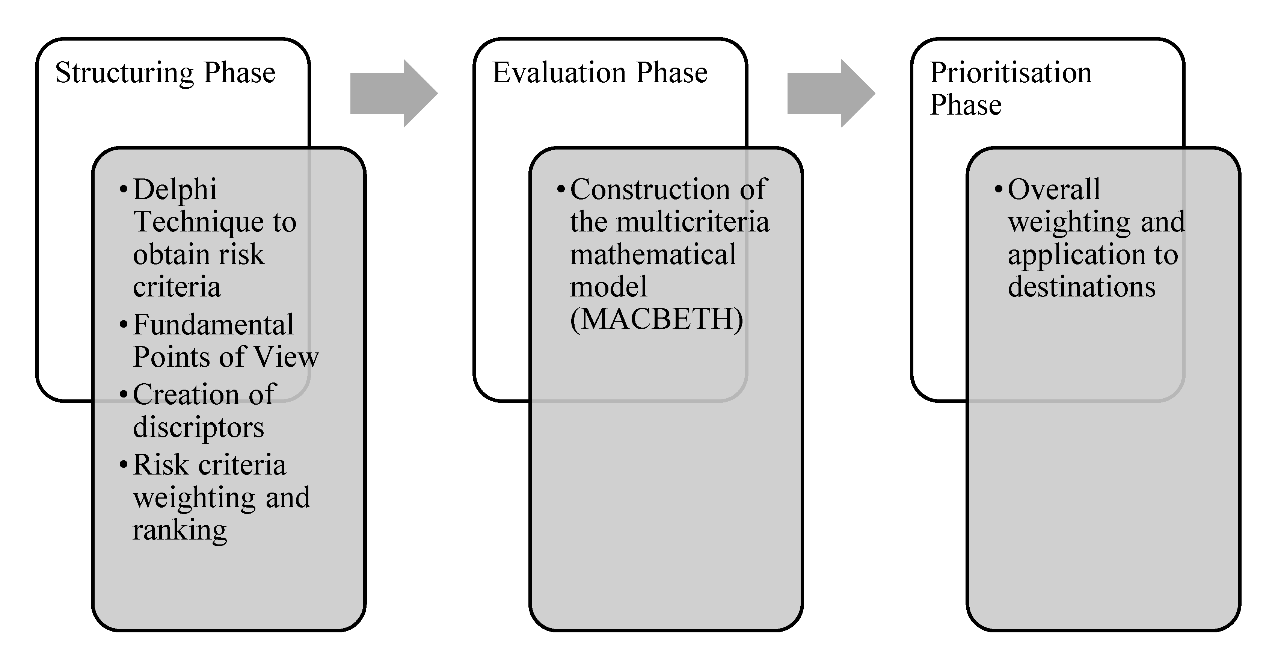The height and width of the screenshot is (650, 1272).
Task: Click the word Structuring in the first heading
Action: point(124,73)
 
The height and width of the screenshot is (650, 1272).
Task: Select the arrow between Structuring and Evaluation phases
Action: point(393,93)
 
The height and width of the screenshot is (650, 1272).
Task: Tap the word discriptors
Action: point(199,427)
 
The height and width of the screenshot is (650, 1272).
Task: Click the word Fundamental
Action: point(213,325)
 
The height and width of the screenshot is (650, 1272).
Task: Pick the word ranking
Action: point(180,531)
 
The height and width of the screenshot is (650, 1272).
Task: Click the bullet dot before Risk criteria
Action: point(124,465)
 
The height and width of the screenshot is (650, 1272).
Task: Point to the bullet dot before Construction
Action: point(560,190)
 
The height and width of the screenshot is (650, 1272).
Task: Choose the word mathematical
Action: point(653,254)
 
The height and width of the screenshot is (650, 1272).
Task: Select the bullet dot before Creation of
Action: point(124,395)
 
